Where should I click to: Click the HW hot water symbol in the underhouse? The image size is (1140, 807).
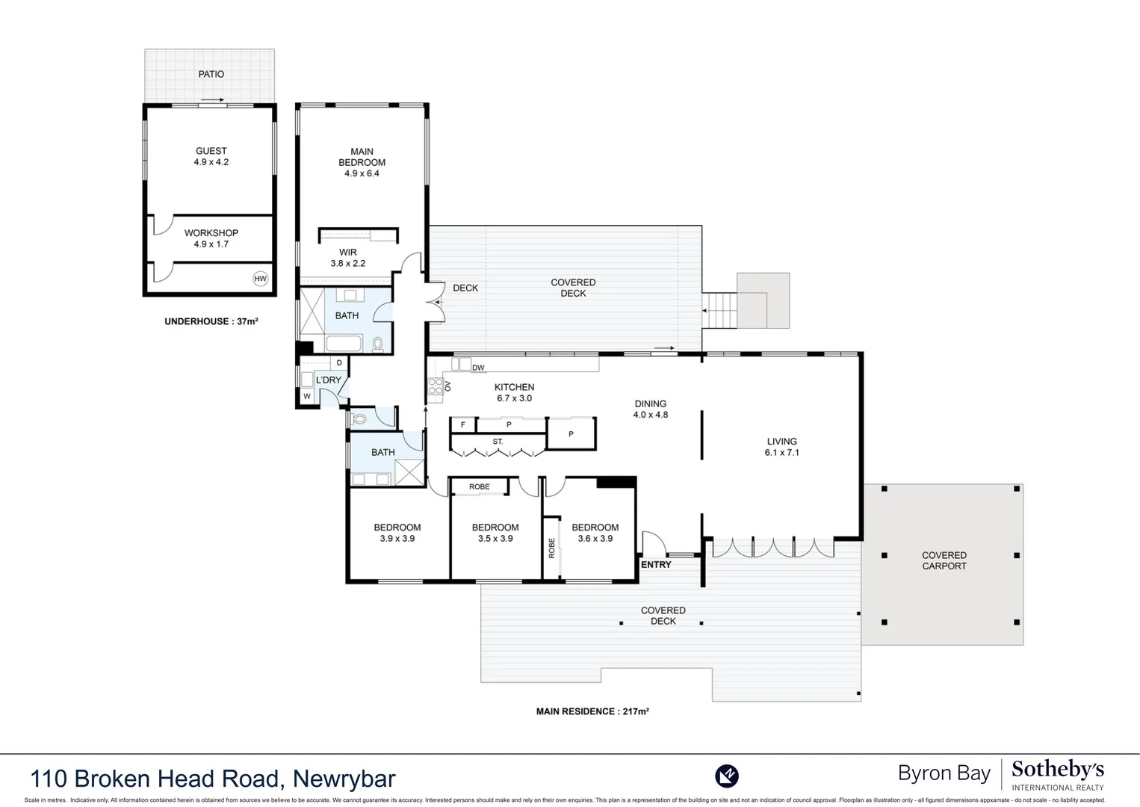(260, 279)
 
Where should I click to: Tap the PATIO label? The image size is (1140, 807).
(211, 74)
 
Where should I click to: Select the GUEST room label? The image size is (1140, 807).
(211, 156)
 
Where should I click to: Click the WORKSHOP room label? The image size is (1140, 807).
(211, 238)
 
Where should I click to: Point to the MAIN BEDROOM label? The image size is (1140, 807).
(362, 162)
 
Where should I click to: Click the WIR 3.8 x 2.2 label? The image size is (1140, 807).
(348, 258)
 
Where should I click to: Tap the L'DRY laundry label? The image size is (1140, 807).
(328, 380)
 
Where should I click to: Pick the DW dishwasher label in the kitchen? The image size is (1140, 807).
(478, 368)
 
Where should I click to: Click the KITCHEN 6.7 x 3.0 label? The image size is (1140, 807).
(514, 392)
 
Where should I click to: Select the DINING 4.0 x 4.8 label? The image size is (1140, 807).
(650, 409)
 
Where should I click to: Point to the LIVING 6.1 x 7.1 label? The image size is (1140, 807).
(781, 447)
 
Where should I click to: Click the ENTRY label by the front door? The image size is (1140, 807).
(656, 564)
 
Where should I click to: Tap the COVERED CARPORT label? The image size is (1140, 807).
(944, 560)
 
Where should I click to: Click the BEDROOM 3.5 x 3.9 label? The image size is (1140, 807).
(495, 533)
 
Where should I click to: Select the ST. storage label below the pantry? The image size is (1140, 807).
(498, 442)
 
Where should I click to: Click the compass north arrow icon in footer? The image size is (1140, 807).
(726, 776)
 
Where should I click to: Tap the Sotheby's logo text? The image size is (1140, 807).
(1057, 770)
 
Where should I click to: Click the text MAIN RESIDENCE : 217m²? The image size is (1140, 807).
(592, 711)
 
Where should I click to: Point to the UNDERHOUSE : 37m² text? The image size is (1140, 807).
(211, 321)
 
